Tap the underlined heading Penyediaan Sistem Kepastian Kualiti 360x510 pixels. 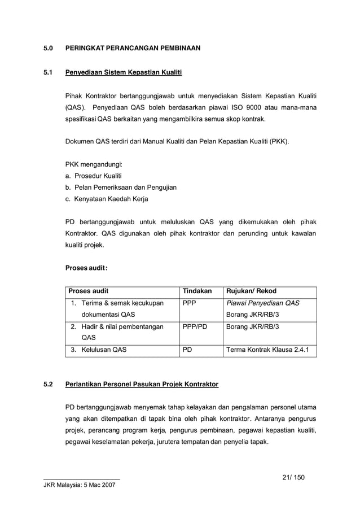pyautogui.click(x=124, y=73)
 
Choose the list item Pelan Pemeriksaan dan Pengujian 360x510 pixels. pyautogui.click(x=125, y=188)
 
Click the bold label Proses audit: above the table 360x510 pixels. pyautogui.click(x=87, y=268)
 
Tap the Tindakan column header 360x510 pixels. pyautogui.click(x=197, y=291)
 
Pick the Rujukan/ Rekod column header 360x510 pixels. pyautogui.click(x=251, y=291)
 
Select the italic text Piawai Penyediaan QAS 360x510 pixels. pyautogui.click(x=262, y=303)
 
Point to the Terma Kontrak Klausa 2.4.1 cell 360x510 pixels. pyautogui.click(x=267, y=350)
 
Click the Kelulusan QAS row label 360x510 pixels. pyautogui.click(x=104, y=350)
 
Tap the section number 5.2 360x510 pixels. pyautogui.click(x=49, y=385)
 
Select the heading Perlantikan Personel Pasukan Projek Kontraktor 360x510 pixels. pyautogui.click(x=142, y=385)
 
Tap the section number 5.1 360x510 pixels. pyautogui.click(x=49, y=73)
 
